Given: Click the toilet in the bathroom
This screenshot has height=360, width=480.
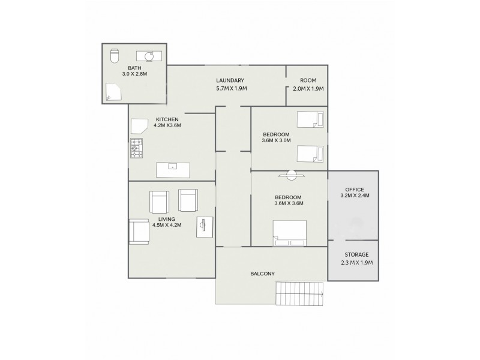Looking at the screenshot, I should [115, 56].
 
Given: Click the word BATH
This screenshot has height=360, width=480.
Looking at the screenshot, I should [134, 68].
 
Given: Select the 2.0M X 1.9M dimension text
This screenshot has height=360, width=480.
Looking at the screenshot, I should [308, 88].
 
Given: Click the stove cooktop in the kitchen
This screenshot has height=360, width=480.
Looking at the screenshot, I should [136, 147].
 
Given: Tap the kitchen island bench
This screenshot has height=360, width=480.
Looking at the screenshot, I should [173, 170].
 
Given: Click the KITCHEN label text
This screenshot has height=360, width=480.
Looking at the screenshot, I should [167, 119].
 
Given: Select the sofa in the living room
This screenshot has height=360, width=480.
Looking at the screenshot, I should [139, 231].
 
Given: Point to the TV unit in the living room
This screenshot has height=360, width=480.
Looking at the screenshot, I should [203, 227].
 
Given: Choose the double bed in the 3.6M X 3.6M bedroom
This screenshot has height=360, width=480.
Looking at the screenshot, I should [290, 233].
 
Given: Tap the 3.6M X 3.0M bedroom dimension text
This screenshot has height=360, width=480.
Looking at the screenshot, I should [277, 141].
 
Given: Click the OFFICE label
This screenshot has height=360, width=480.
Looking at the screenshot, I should [355, 188].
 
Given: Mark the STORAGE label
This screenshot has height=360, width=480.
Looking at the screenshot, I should [353, 254].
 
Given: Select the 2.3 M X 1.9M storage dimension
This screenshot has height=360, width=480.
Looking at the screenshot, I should [353, 262].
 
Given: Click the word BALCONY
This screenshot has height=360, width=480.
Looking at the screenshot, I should [262, 274].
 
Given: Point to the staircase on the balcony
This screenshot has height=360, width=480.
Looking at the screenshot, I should [299, 294].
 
